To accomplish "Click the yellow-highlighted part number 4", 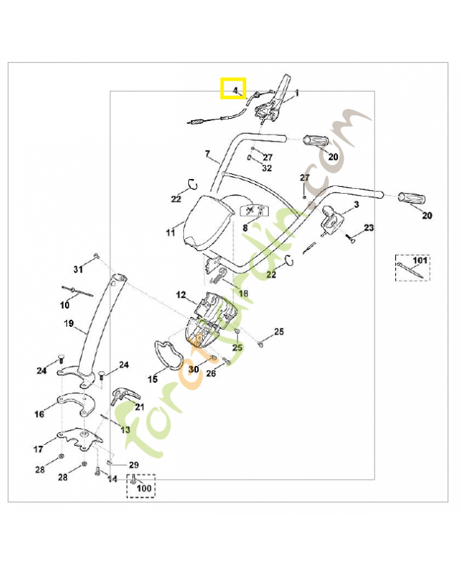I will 233,89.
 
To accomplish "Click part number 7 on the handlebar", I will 207,154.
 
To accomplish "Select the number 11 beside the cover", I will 170,232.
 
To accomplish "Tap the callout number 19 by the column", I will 69,323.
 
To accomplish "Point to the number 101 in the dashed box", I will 420,260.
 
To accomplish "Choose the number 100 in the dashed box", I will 143,487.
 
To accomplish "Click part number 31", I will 78,270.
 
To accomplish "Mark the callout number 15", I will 152,380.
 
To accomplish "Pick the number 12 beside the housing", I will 181,294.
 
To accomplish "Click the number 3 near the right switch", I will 356,204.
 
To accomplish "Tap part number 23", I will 368,228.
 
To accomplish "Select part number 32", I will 267,168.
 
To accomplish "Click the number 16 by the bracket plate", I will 40,415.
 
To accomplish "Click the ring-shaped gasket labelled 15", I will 170,354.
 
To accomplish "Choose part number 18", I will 243,293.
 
